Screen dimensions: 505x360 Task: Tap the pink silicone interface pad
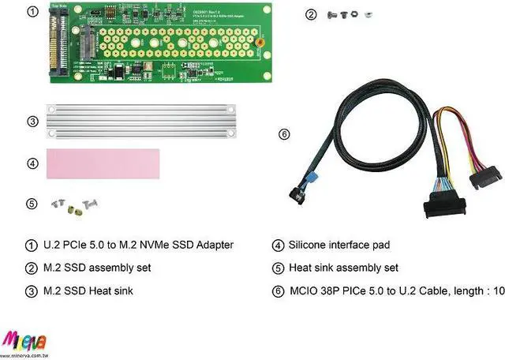pyautogui.click(x=103, y=163)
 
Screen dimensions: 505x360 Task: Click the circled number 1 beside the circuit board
pyautogui.click(x=32, y=12)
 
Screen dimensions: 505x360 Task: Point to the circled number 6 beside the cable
pyautogui.click(x=284, y=133)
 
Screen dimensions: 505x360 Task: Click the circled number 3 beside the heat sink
pyautogui.click(x=32, y=122)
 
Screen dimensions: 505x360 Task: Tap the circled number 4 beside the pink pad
pyautogui.click(x=32, y=163)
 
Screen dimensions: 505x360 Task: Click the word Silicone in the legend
pyautogui.click(x=310, y=245)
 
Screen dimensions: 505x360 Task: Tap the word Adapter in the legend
pyautogui.click(x=211, y=245)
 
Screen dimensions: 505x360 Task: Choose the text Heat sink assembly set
pyautogui.click(x=344, y=268)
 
